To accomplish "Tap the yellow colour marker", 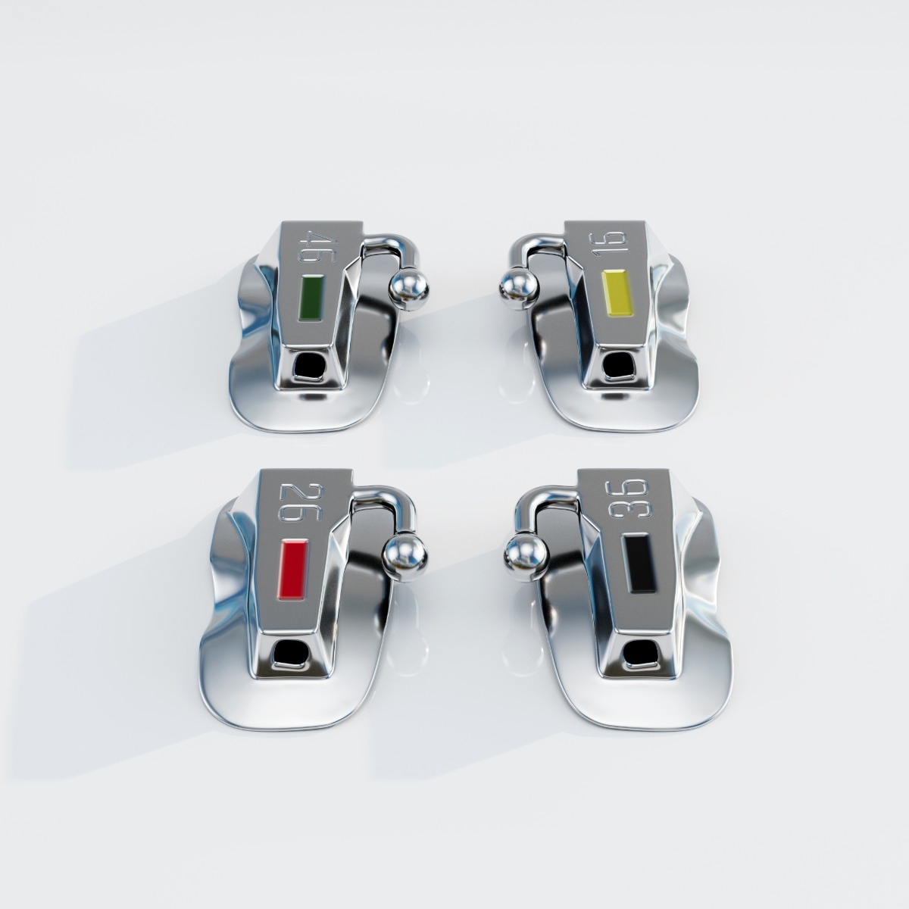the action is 614,291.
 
